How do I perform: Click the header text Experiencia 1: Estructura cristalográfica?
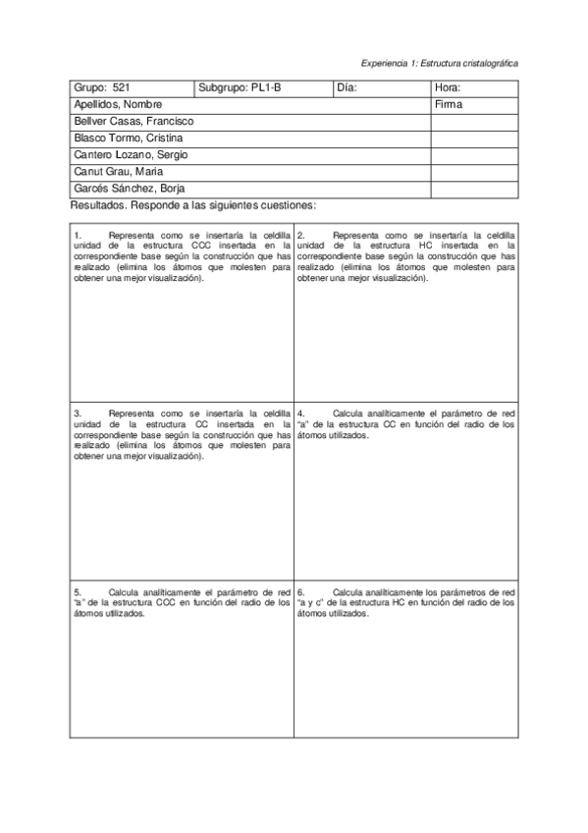click(440, 62)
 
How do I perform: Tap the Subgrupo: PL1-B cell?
click(240, 87)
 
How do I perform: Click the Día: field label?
click(347, 87)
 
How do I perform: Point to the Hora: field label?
click(447, 87)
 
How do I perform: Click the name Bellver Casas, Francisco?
click(134, 121)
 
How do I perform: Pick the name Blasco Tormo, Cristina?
click(128, 138)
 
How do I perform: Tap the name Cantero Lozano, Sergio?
click(132, 155)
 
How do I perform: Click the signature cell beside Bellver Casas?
click(474, 121)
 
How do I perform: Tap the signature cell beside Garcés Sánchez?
click(474, 189)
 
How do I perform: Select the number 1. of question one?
click(78, 236)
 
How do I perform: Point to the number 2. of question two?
click(300, 236)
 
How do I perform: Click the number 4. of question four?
click(300, 414)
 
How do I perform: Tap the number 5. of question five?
click(78, 593)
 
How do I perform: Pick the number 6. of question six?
click(300, 593)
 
